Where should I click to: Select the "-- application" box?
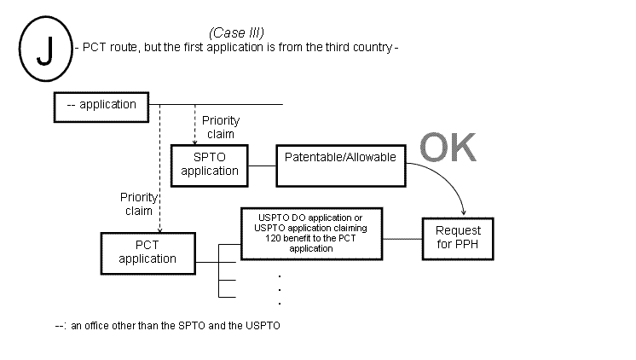click(101, 105)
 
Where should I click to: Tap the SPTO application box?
click(210, 164)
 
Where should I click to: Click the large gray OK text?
click(448, 147)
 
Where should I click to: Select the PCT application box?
click(147, 253)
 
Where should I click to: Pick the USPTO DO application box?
click(311, 234)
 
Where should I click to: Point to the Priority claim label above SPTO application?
click(219, 127)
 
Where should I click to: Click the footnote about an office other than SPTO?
click(167, 326)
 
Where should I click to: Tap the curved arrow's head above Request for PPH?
click(463, 212)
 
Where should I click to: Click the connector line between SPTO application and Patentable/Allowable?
click(263, 164)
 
